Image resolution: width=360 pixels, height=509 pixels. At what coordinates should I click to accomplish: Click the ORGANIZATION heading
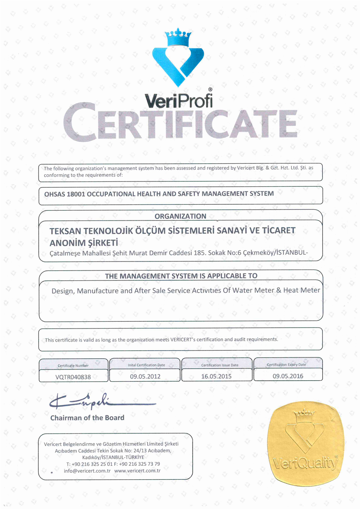[180, 216]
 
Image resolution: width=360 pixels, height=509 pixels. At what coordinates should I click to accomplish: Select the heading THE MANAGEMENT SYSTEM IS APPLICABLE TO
[181, 275]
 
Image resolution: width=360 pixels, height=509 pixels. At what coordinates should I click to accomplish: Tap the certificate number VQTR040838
[73, 377]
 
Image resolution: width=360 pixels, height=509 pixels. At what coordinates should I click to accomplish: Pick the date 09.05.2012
[145, 376]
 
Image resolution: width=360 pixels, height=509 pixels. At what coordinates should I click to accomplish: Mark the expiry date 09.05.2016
[288, 376]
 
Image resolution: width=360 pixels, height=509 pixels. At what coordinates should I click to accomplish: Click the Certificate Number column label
[73, 365]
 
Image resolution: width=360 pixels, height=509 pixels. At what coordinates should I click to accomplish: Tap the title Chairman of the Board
[87, 418]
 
